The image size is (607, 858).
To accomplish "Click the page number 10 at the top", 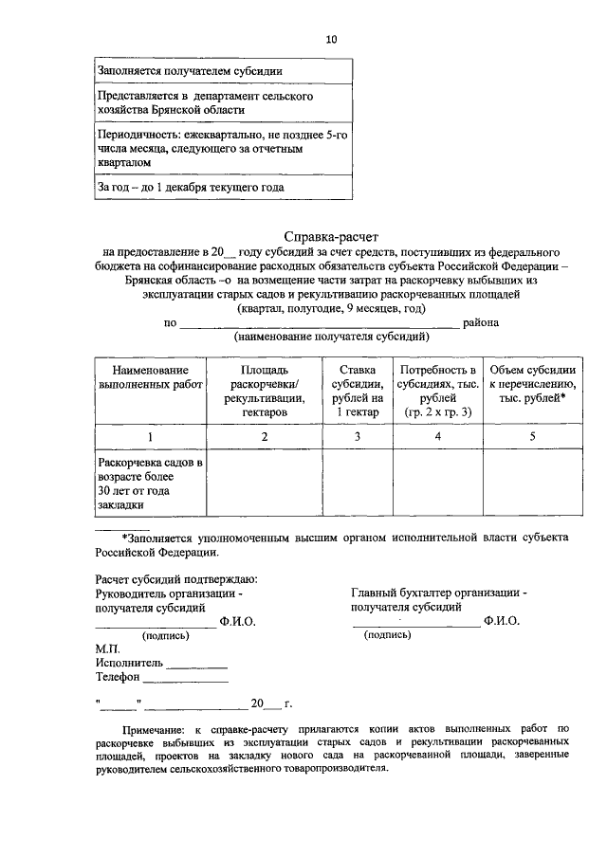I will [331, 39].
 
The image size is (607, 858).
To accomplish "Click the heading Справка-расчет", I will [331, 236].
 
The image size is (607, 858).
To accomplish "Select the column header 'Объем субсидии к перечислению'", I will [532, 384].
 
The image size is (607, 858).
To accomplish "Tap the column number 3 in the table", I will [358, 437].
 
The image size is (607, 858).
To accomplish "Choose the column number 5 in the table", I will [532, 437].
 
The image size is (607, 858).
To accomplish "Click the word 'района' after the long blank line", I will [481, 322].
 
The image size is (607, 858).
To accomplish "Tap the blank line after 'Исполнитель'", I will [197, 666].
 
